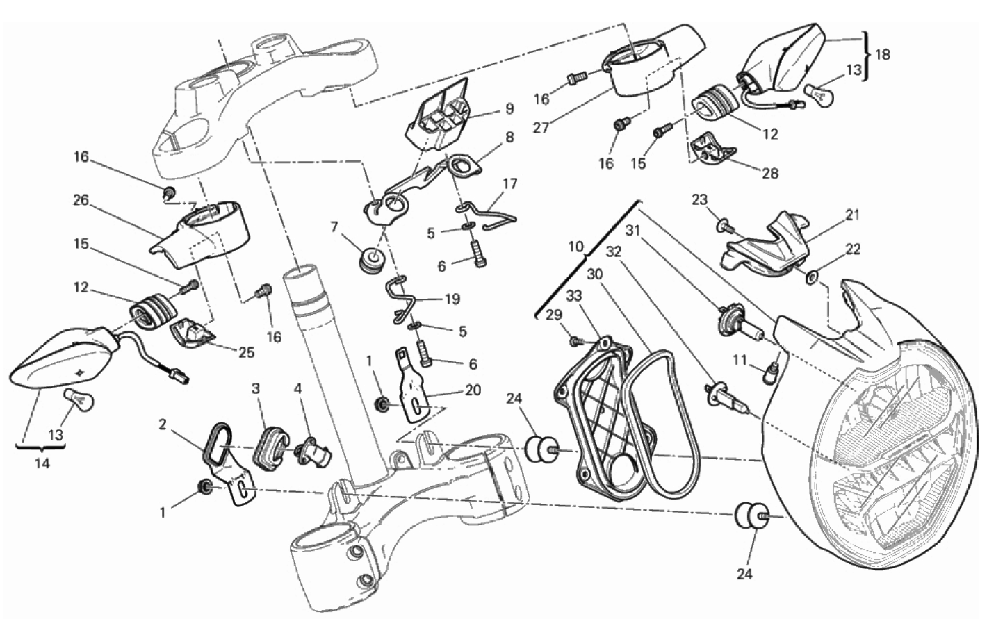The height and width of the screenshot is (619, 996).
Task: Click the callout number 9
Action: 509,108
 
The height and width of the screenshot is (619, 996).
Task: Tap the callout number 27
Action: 541,128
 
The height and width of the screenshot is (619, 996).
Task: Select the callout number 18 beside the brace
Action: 883,55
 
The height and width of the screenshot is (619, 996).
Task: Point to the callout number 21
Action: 853,215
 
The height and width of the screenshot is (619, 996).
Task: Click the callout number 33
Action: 574,295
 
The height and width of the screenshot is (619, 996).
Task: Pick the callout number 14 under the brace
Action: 42,463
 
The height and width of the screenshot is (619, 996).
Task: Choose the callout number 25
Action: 246,352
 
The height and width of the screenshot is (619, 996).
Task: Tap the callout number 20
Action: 473,390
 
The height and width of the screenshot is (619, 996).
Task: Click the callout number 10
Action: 576,247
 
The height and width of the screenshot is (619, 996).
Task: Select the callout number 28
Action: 770,173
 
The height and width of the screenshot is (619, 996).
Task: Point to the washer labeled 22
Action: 812,278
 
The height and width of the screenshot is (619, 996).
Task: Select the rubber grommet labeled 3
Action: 270,449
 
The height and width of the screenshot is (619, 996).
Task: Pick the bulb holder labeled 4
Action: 313,454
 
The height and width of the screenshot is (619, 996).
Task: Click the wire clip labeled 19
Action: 402,299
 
